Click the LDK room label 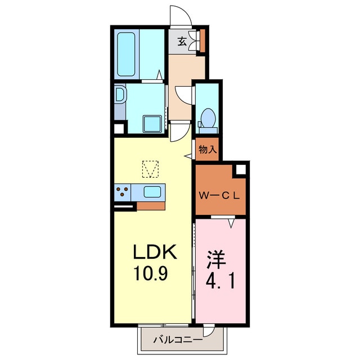(x=155, y=251)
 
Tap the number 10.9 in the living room (x=151, y=273)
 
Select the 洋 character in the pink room (x=216, y=260)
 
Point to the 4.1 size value (x=220, y=282)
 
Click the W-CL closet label (x=219, y=196)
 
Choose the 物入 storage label (x=208, y=150)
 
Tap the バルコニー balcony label (x=178, y=340)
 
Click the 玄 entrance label (x=182, y=42)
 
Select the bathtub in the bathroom (x=126, y=54)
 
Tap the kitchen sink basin (x=152, y=192)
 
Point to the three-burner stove (x=123, y=192)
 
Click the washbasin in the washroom (x=120, y=94)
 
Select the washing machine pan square (x=152, y=124)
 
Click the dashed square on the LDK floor (x=150, y=169)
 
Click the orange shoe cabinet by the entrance (x=202, y=40)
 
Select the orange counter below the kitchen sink (x=151, y=206)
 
